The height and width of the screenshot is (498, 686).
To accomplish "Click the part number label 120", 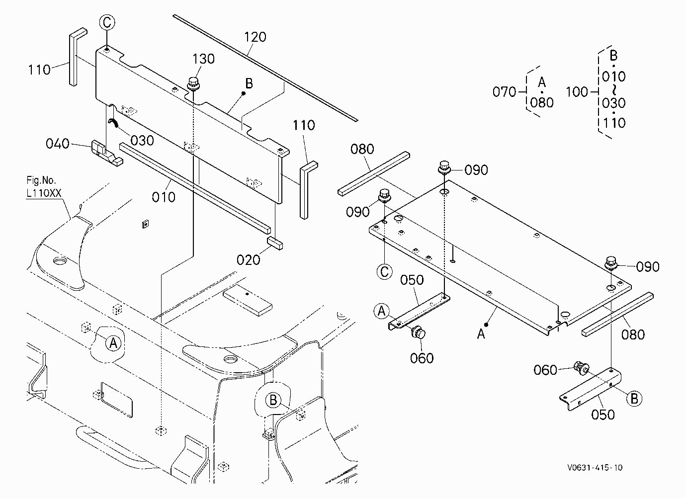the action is (255, 37).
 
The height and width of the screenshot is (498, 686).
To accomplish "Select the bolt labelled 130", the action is (193, 84).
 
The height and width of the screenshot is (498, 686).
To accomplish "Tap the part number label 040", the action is (58, 143).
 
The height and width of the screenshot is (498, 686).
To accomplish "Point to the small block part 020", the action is (275, 243).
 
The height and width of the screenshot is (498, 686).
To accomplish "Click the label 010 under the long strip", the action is (164, 197).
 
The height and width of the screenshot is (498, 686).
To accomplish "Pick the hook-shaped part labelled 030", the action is (113, 122).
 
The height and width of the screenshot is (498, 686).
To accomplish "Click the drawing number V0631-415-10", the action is (595, 468).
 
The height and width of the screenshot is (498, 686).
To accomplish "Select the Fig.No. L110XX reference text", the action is (44, 186).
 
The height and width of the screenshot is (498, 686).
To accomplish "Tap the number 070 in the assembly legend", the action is (504, 91).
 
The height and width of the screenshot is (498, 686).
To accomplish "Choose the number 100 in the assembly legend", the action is (577, 91).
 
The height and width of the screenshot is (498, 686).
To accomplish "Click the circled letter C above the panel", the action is (107, 22).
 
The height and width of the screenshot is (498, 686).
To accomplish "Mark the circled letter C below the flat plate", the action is (384, 271).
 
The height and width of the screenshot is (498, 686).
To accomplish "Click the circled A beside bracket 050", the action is (381, 311).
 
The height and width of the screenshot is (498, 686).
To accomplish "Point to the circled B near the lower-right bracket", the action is (634, 399).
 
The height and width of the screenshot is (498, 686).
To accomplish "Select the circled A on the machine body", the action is (113, 343).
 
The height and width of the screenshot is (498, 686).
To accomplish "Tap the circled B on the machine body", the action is (273, 400).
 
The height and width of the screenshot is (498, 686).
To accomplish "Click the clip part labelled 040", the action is (106, 153).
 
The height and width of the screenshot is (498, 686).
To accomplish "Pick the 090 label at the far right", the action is (648, 267).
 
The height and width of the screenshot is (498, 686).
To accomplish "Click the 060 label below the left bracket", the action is (422, 358).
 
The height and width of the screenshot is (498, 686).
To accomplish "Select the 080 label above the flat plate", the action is (362, 149).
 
